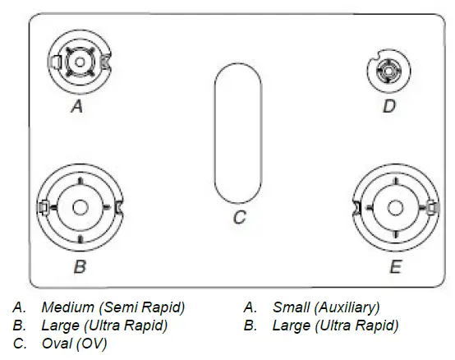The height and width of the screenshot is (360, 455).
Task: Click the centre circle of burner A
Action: pos(79,62)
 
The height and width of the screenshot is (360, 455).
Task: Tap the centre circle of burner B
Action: pos(80,207)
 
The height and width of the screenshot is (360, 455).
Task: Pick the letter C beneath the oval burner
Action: pos(240,218)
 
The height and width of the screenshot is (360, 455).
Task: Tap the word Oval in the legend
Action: pos(56,343)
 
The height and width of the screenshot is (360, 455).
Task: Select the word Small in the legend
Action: pos(289,307)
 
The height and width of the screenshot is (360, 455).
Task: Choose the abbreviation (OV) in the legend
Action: pos(93,343)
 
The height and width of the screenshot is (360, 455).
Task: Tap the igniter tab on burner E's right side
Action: pos(431,207)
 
